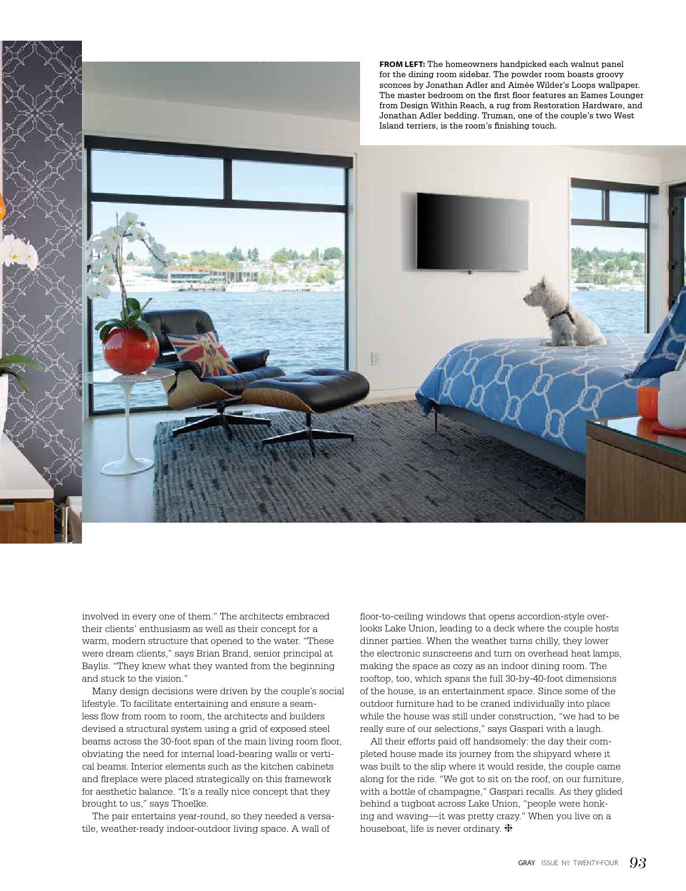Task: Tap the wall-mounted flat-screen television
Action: coord(472,231)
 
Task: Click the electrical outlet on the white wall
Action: coord(376,358)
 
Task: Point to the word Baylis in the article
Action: coord(95,666)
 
